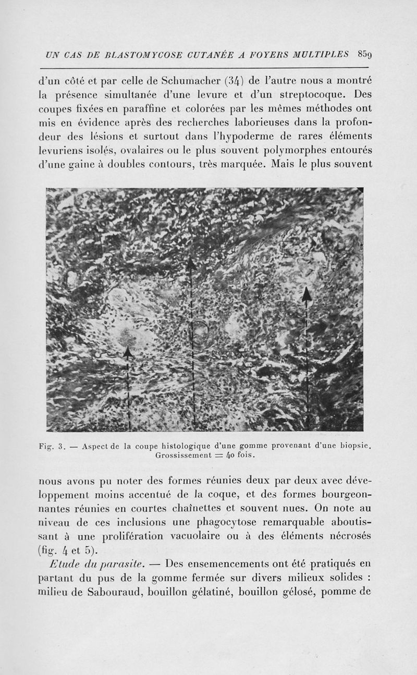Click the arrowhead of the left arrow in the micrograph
[x=128, y=352]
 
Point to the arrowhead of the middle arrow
[x=191, y=264]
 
